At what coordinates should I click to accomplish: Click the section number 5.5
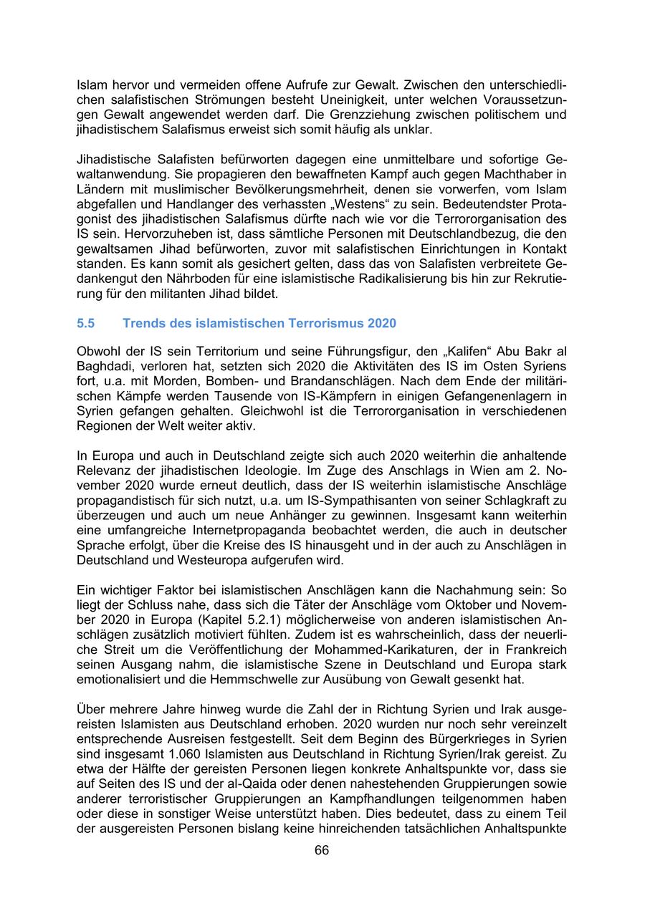pyautogui.click(x=85, y=323)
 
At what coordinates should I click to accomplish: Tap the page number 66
pyautogui.click(x=322, y=850)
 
